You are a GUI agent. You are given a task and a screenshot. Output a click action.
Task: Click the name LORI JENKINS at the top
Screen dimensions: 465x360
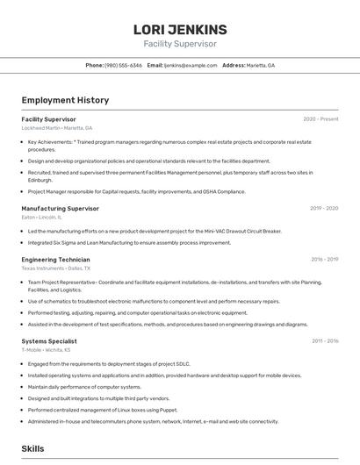click(180, 29)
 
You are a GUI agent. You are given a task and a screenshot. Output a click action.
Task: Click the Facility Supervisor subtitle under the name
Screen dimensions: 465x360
click(180, 44)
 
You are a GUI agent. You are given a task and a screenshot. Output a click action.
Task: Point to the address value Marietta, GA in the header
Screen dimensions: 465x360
click(261, 66)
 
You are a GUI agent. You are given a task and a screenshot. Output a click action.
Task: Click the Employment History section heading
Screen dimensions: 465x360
click(65, 100)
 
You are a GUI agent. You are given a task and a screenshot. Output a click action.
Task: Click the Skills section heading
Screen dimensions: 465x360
click(32, 448)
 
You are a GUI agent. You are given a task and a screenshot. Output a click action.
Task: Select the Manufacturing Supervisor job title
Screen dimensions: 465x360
click(60, 209)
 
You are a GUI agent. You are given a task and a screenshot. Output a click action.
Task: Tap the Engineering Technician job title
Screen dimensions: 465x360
click(55, 260)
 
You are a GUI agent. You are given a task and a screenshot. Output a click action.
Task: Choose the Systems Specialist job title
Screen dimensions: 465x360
click(49, 340)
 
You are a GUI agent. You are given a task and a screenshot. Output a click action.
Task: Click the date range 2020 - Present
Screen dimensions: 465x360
click(320, 119)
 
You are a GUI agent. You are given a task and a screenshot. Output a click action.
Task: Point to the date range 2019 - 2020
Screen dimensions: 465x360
click(324, 209)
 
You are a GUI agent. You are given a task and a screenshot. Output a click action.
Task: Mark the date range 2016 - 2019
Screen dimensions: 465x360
click(324, 260)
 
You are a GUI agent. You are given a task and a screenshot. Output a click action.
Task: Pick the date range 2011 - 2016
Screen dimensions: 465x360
click(324, 340)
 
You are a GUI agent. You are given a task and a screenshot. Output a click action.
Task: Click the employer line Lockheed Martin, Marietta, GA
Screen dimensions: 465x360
click(56, 128)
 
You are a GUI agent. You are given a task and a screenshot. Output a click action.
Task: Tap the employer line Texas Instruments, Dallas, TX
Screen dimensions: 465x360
click(55, 268)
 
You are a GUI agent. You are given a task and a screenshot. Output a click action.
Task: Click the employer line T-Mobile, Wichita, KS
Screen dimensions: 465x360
click(46, 349)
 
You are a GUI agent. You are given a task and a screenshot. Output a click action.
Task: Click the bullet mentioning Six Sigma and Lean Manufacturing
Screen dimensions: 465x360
click(129, 242)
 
